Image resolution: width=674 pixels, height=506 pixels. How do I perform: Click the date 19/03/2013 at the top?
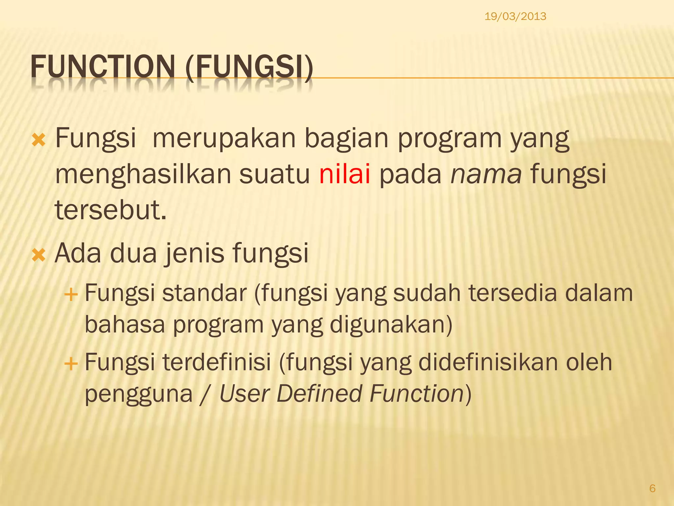point(515,16)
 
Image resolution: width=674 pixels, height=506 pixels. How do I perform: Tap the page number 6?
point(652,488)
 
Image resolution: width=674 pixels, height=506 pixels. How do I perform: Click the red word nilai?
point(345,174)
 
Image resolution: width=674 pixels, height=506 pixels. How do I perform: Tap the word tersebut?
point(111,210)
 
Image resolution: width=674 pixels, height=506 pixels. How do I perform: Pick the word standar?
point(204,293)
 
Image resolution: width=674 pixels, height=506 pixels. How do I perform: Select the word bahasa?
point(125,324)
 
